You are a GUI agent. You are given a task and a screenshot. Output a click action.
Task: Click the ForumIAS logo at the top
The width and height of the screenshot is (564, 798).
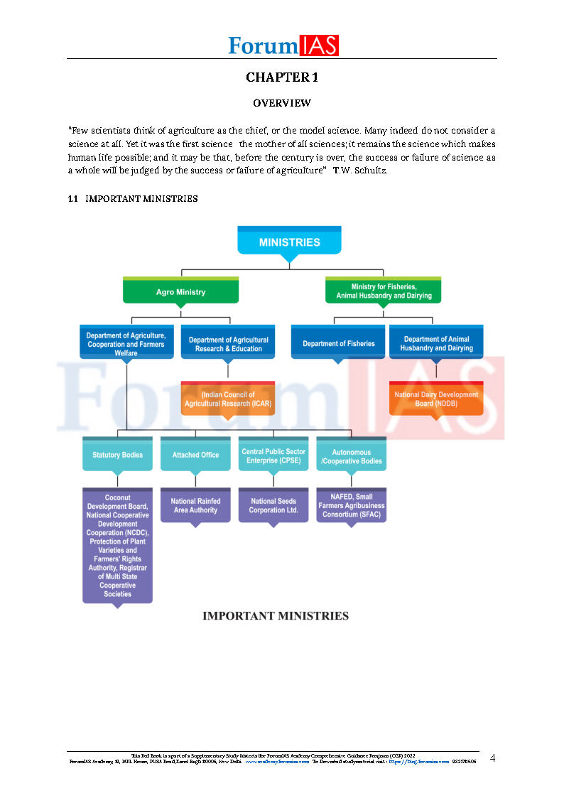tap(283, 45)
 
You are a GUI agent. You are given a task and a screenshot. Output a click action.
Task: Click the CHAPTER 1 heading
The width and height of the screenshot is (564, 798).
tap(282, 77)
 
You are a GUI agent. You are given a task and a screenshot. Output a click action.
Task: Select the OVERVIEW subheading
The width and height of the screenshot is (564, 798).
tap(282, 103)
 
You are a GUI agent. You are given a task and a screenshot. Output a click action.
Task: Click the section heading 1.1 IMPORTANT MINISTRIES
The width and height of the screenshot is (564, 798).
tap(133, 199)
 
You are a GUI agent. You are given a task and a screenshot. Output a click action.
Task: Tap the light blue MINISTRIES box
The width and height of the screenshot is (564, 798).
tap(289, 242)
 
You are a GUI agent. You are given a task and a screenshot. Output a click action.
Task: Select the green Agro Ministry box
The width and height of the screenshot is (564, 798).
tap(180, 291)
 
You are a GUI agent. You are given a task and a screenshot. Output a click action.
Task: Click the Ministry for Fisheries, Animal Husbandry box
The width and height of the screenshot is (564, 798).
tap(384, 291)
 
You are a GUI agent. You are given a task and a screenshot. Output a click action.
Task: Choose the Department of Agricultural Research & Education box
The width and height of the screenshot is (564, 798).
tap(228, 344)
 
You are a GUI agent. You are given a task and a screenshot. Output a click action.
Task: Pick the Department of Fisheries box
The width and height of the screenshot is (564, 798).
tap(338, 343)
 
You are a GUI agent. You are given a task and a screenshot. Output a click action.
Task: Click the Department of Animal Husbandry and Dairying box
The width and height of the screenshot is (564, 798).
tap(436, 343)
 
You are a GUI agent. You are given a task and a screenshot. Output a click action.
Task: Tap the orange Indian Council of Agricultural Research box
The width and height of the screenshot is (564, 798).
tap(227, 399)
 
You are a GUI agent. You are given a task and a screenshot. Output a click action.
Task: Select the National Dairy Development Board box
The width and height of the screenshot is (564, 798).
tap(436, 399)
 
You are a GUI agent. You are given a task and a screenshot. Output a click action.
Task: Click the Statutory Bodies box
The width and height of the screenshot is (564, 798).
tap(117, 455)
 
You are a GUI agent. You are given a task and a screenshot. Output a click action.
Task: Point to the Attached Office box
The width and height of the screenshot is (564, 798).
tap(195, 455)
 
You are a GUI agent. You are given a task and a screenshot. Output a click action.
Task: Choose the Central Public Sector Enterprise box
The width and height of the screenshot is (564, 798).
tap(273, 455)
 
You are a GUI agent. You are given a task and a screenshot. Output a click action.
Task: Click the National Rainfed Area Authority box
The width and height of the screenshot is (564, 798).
tap(195, 505)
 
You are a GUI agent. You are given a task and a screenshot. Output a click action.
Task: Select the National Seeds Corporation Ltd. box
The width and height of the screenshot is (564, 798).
tap(273, 505)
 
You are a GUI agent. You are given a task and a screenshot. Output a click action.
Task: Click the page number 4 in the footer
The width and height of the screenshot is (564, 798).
tap(492, 758)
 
